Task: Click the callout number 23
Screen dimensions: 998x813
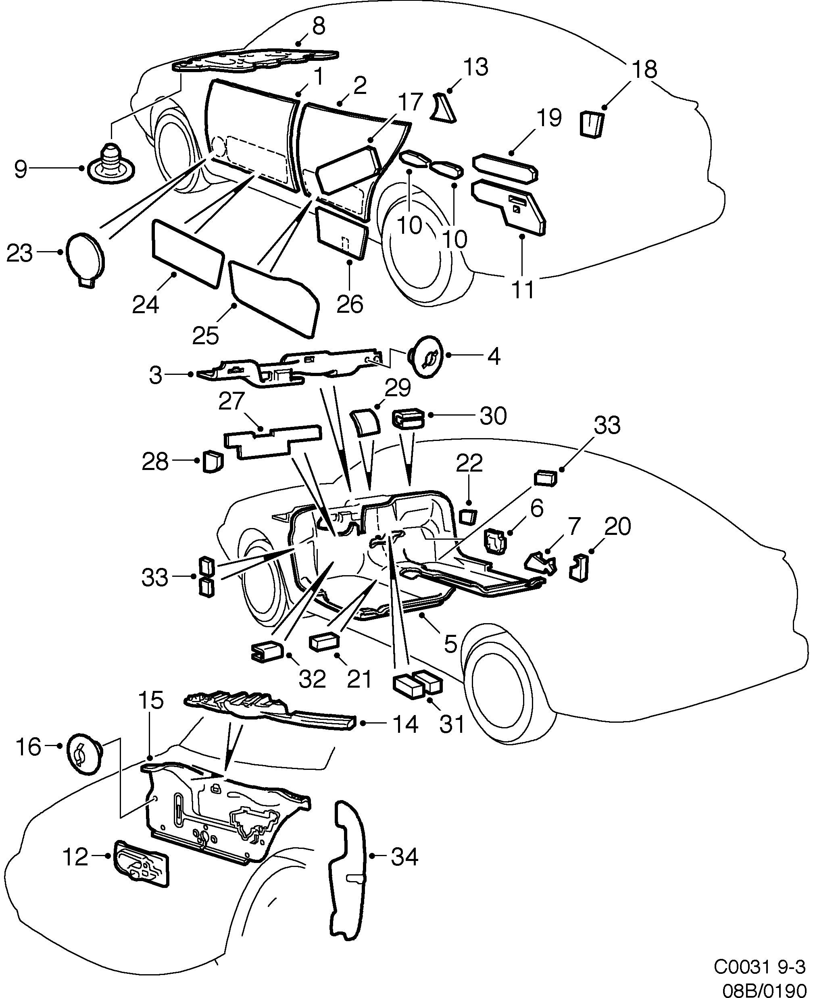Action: tap(19, 254)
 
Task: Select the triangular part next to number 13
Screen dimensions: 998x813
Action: tap(444, 108)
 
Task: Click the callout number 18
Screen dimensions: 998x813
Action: tap(644, 70)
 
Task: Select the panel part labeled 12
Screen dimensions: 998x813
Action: tap(142, 863)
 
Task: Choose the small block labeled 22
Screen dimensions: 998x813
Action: tap(467, 517)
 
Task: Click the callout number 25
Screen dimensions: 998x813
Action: tap(206, 335)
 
